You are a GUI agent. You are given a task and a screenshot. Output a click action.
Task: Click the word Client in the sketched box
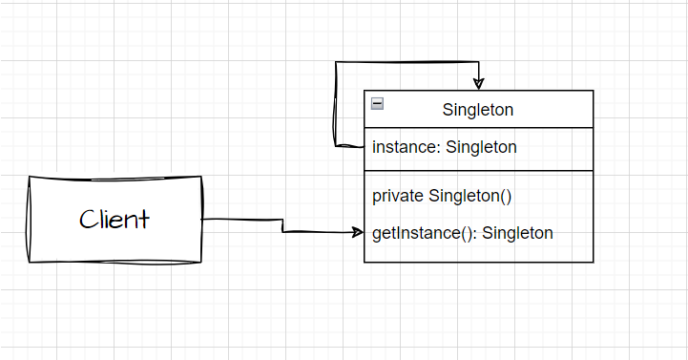115,220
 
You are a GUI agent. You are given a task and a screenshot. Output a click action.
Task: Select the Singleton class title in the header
477,110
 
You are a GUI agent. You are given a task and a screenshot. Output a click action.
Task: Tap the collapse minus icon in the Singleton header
378,104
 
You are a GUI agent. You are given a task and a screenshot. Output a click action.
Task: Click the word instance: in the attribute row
407,147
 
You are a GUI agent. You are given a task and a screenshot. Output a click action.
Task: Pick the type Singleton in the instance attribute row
481,147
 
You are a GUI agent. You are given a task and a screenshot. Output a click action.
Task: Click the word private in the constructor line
398,196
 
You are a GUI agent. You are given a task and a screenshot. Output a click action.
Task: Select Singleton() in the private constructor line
470,196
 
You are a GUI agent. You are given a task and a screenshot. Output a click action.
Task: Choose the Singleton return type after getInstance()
517,233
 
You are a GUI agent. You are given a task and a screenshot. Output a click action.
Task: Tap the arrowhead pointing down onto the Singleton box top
478,84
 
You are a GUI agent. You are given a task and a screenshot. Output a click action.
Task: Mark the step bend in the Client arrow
282,225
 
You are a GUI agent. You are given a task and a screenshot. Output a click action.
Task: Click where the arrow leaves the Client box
203,220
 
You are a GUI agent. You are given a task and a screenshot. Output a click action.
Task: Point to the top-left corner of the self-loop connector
335,63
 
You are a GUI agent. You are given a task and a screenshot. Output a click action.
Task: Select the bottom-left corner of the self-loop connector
335,146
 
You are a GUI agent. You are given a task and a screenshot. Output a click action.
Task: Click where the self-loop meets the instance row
364,146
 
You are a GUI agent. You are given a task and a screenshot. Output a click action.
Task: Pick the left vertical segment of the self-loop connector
334,105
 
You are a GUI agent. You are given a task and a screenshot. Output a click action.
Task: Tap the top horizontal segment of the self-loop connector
406,63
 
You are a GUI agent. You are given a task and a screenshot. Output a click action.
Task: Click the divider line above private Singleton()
478,170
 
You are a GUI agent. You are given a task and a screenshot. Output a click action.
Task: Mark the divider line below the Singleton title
478,129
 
